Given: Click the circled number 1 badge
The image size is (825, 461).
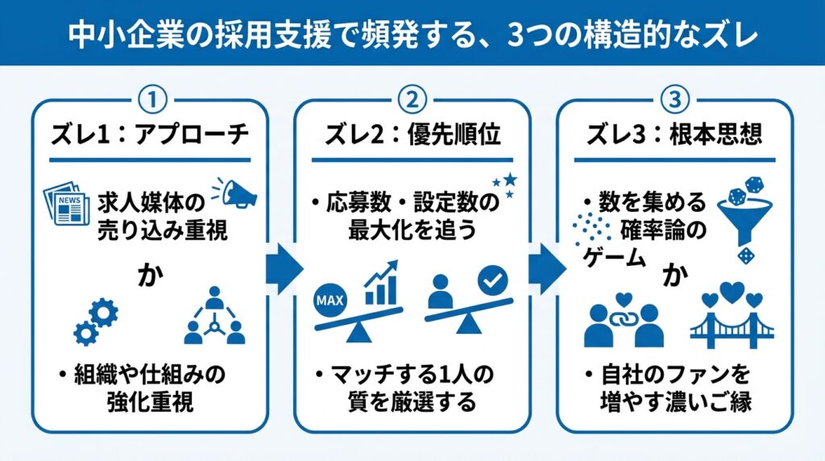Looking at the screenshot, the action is click(152, 99).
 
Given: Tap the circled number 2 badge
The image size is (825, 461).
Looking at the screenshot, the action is click(412, 99).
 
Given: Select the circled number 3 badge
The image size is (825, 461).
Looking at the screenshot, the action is click(674, 99).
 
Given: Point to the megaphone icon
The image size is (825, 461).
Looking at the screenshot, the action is click(235, 193).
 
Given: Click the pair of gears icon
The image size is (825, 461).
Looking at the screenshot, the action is click(96, 321).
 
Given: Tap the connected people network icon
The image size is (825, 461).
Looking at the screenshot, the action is click(214, 316).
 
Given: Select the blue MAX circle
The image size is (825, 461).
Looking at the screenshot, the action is click(330, 301).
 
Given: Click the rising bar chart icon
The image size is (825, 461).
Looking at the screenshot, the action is click(381, 282).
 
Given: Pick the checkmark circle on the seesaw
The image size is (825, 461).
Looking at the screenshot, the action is click(493, 280).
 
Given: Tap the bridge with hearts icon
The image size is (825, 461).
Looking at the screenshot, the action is click(732, 316).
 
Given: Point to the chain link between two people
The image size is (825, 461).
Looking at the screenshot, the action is click(624, 318).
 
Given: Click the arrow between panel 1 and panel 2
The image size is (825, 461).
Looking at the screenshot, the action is click(284, 269).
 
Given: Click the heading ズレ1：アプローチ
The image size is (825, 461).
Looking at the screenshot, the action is click(150, 135).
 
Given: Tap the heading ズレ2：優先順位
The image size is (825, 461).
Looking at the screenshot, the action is click(412, 135).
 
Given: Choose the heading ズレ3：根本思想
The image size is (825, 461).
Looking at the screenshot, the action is click(674, 135).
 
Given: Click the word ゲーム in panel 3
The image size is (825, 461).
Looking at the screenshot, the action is click(613, 258).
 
